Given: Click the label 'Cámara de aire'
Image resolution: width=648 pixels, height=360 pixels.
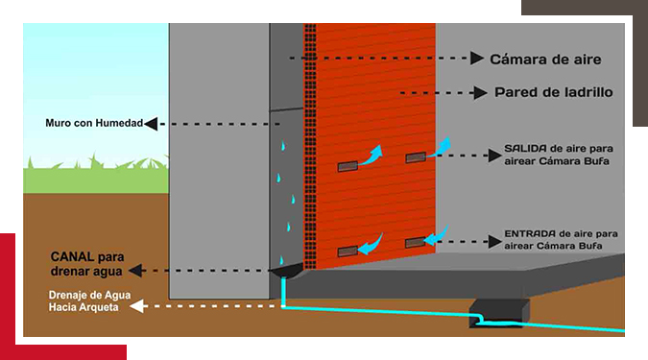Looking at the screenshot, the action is (x=545, y=60).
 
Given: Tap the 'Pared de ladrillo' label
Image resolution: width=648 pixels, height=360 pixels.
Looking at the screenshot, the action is (x=553, y=92).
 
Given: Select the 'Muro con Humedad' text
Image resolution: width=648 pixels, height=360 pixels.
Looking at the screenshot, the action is (x=94, y=123).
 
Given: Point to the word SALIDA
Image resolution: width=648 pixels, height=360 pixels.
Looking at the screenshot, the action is (x=523, y=149).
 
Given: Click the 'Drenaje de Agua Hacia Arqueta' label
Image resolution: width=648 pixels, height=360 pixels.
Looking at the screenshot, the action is (x=89, y=300).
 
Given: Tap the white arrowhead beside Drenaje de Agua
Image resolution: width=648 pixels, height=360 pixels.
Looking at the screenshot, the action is (x=136, y=306).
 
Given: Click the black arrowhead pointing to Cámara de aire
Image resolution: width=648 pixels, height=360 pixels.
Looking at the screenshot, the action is (x=477, y=59).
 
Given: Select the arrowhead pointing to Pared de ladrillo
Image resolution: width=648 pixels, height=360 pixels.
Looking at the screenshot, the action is (x=480, y=93).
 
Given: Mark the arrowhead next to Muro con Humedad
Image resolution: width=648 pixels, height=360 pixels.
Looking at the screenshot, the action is (x=151, y=124).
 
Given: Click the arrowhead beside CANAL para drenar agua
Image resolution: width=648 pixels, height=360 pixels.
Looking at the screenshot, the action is (x=135, y=271).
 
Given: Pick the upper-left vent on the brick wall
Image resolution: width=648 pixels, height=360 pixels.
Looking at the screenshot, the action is (x=348, y=166).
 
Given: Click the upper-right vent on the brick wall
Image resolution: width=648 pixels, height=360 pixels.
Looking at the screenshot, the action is (x=416, y=157).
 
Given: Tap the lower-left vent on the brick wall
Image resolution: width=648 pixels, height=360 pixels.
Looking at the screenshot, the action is (x=348, y=252).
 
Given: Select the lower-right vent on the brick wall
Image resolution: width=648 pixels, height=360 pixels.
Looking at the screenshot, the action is (x=416, y=243).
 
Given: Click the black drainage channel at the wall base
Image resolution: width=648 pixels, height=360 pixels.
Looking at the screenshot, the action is (x=286, y=271).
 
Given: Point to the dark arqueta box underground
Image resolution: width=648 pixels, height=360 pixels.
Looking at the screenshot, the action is (x=499, y=313).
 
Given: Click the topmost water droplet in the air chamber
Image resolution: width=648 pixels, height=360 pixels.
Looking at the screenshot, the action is (x=283, y=146).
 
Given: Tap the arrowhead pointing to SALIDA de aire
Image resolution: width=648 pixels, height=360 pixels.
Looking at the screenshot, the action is (x=495, y=156).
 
